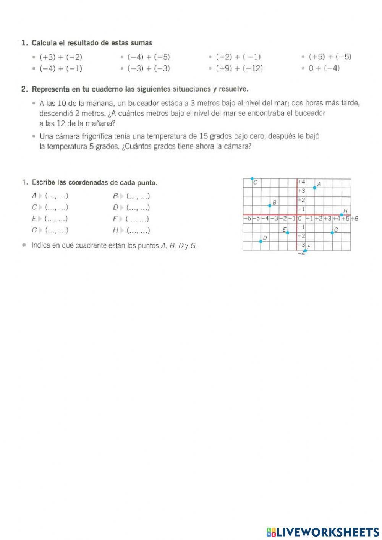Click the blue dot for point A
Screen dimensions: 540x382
click(314, 188)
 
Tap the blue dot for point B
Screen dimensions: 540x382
click(270, 206)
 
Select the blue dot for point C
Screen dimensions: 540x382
click(252, 178)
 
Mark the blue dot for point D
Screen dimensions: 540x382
click(261, 241)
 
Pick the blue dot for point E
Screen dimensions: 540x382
click(288, 232)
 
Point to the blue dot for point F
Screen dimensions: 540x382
click(305, 250)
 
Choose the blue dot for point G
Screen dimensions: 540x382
click(332, 232)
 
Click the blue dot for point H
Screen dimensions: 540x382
click(341, 215)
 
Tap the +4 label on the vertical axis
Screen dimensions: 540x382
click(301, 182)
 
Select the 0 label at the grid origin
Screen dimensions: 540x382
click(300, 219)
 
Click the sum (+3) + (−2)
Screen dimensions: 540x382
click(61, 57)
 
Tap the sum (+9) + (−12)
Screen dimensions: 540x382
click(240, 69)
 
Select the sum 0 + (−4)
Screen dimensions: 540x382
click(324, 68)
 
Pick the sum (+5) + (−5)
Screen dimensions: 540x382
click(330, 57)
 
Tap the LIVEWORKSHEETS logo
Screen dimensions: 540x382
click(323, 532)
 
